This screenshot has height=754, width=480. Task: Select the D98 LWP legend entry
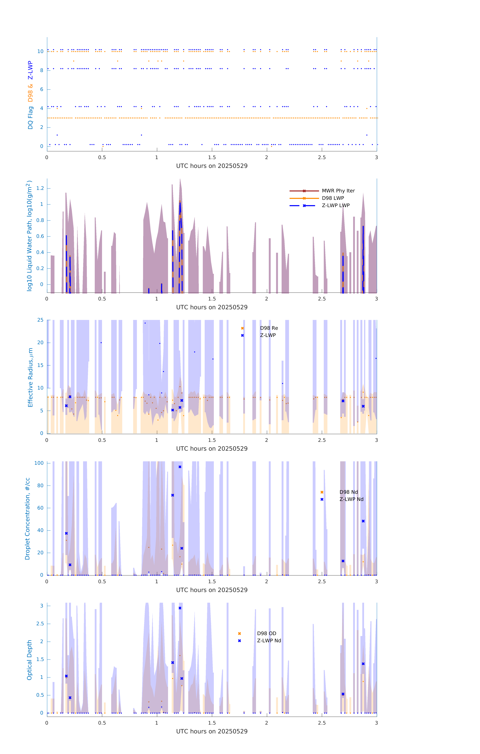click(333, 198)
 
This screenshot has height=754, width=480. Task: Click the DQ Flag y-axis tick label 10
click(40, 51)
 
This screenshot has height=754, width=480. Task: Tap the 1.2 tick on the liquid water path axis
click(40, 188)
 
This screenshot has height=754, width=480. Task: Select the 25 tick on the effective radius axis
click(40, 320)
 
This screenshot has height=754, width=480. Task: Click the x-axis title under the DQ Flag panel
click(212, 166)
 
